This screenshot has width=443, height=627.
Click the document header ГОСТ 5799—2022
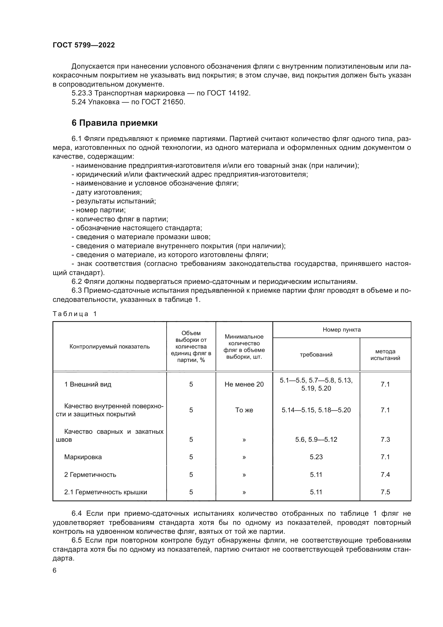point(84,45)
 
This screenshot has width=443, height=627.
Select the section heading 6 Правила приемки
point(115,123)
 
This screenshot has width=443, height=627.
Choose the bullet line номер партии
point(99,210)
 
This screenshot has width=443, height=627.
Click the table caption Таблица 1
point(75,314)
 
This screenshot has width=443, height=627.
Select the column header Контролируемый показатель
point(109,347)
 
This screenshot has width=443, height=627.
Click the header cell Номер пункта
point(341,330)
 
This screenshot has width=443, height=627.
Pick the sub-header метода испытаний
point(385,354)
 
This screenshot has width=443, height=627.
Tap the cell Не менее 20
point(244,384)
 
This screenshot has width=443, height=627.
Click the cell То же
point(244,410)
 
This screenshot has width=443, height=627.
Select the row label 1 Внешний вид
point(88,384)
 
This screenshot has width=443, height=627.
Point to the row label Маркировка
point(83,457)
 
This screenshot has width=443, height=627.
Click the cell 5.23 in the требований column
point(316,457)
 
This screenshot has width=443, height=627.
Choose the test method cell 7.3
point(385,439)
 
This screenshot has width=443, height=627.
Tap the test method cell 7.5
point(385,492)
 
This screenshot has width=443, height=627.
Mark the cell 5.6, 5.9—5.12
point(316,439)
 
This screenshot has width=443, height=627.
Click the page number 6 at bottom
point(55,570)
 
